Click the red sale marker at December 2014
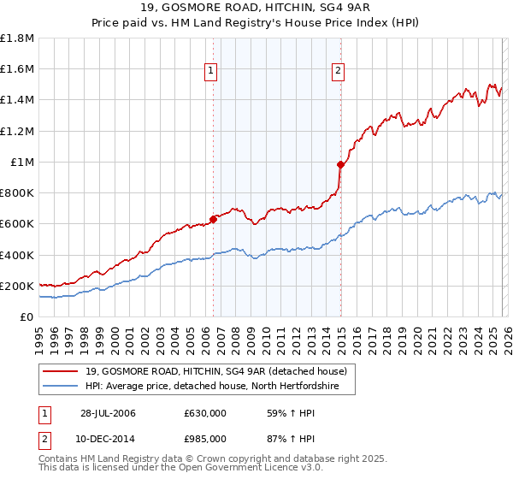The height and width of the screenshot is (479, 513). point(340,164)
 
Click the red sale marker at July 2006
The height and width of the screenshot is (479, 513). point(214,219)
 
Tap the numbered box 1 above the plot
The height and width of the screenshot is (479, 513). point(210,72)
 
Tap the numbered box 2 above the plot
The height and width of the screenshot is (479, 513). point(339,72)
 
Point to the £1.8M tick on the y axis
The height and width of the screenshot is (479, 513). point(18,38)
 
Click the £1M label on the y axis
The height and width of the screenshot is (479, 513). point(23,162)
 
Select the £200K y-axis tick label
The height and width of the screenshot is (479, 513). point(18,286)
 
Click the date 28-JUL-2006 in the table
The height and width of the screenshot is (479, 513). point(108,413)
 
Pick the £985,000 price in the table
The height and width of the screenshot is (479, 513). point(205,439)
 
